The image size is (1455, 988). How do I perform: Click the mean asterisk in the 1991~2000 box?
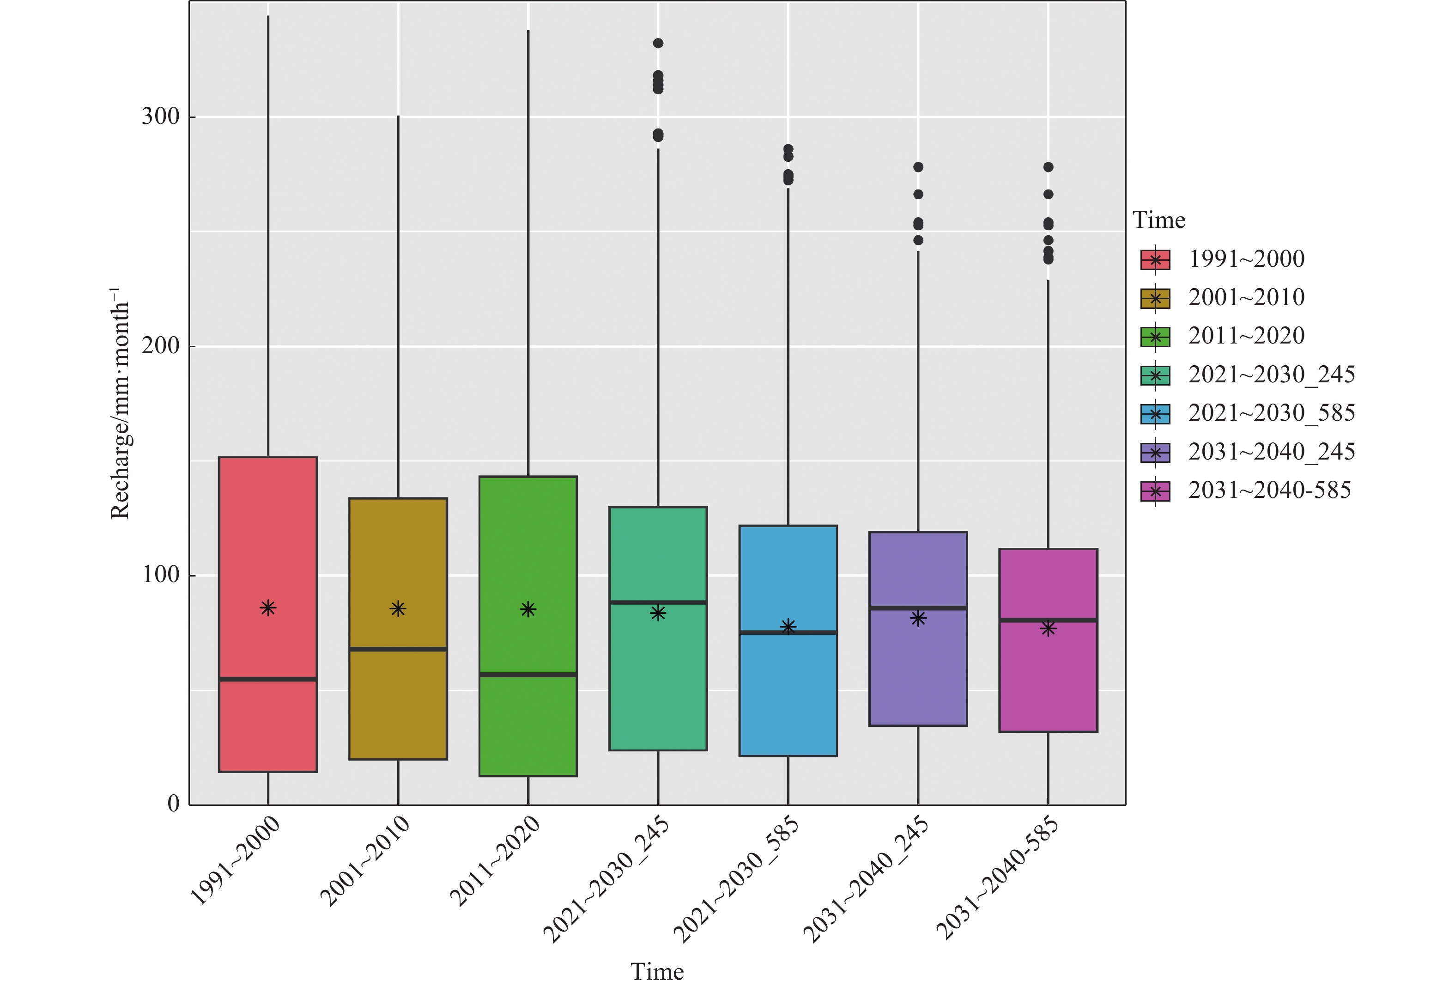tap(268, 608)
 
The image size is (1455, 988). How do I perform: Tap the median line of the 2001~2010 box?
tap(398, 649)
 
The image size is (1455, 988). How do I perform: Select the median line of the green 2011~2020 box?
tap(528, 675)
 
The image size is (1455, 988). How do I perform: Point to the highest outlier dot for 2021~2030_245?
tap(658, 43)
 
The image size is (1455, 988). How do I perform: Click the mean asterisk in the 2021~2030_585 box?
tap(788, 626)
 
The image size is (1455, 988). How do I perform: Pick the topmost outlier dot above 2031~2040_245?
tap(918, 167)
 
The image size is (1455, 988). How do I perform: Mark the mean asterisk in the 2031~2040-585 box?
tap(1049, 628)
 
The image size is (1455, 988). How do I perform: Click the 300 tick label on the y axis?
tap(160, 117)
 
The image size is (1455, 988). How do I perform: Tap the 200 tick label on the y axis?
tap(160, 346)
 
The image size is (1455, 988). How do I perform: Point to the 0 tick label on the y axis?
tap(173, 804)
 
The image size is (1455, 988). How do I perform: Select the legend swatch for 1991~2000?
tap(1155, 259)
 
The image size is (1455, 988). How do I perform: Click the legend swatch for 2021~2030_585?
tap(1155, 414)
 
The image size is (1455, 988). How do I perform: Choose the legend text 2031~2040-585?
tap(1270, 491)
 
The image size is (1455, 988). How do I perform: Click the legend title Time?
tap(1159, 221)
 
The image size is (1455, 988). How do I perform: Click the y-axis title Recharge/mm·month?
tap(120, 404)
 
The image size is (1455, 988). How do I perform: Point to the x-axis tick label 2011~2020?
tap(495, 861)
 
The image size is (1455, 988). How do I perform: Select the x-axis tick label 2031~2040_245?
tap(866, 879)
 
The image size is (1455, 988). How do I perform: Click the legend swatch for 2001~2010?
tap(1155, 298)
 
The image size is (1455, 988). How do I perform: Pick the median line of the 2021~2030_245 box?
tap(658, 602)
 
